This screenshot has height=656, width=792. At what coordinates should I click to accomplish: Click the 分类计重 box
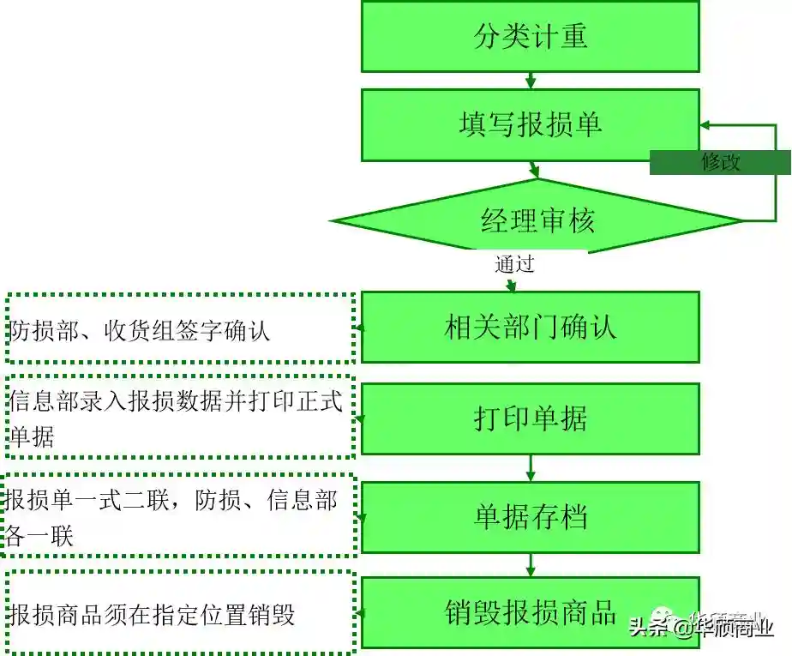coord(531,36)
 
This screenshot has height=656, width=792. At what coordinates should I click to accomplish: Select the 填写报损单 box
coord(531,125)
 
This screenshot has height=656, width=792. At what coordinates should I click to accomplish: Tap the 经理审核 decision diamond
coord(537,220)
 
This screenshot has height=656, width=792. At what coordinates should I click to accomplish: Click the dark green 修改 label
coord(720,162)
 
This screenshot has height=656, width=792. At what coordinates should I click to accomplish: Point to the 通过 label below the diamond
coord(514,264)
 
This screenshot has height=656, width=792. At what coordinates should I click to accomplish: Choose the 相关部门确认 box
coord(531,327)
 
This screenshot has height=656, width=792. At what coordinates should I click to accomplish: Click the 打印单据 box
coord(531,418)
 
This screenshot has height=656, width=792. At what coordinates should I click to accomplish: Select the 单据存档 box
coord(531,517)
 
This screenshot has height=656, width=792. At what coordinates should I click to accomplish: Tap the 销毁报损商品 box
coord(531,612)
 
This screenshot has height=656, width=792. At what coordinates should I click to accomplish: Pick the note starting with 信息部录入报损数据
coord(180,418)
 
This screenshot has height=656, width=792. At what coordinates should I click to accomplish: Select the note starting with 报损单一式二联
coord(180,517)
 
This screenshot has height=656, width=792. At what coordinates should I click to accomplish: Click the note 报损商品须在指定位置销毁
coord(180,614)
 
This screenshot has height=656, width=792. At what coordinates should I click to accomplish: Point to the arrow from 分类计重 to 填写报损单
coord(531,81)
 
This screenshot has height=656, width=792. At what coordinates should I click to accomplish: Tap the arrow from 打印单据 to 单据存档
coord(531,468)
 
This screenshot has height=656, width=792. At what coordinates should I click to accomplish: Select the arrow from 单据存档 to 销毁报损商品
coord(531,565)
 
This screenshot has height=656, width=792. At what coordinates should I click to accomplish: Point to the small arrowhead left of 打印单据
coord(360,418)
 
